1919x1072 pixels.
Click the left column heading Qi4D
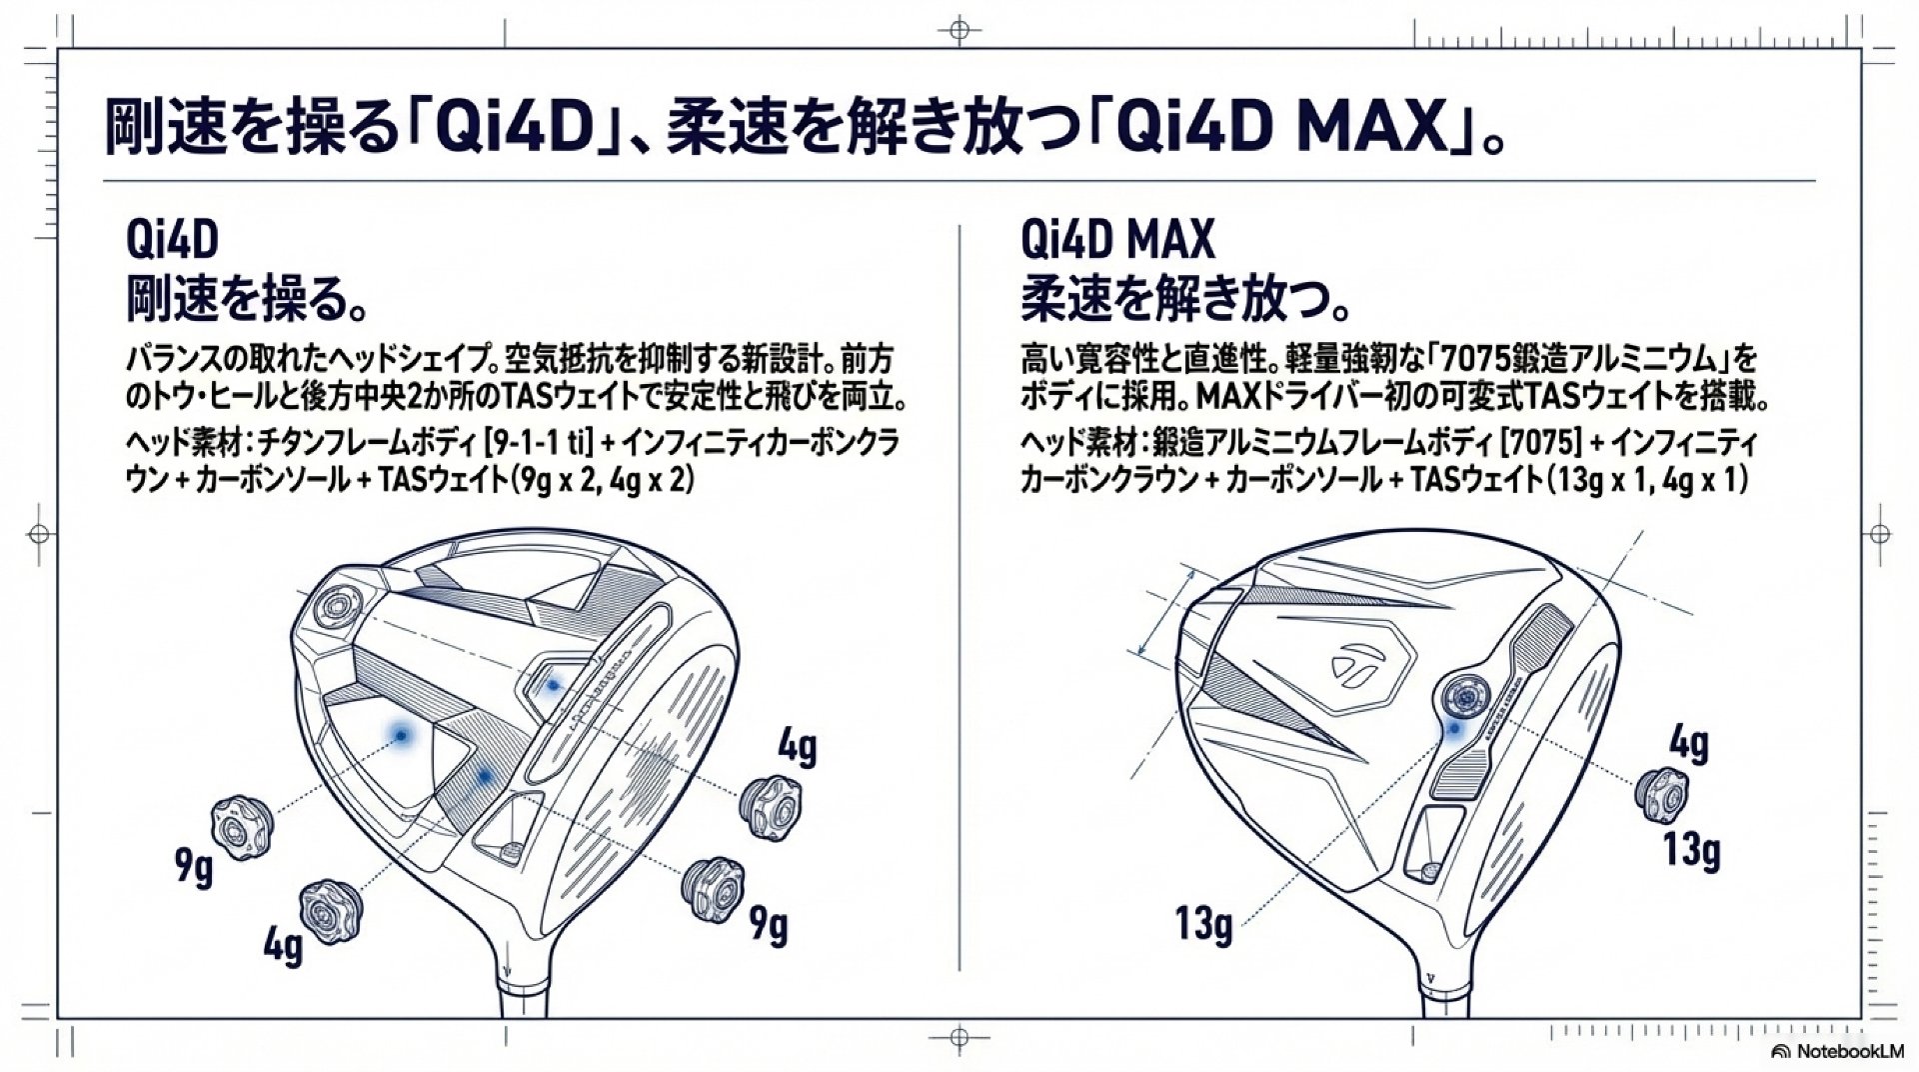click(172, 241)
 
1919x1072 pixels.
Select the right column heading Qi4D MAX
click(1117, 241)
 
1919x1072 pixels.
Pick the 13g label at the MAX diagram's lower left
click(1203, 923)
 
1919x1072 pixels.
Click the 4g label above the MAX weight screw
click(1688, 743)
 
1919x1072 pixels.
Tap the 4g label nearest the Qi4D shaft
click(283, 945)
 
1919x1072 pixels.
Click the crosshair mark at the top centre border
click(959, 29)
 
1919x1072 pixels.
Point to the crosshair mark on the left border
click(38, 534)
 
